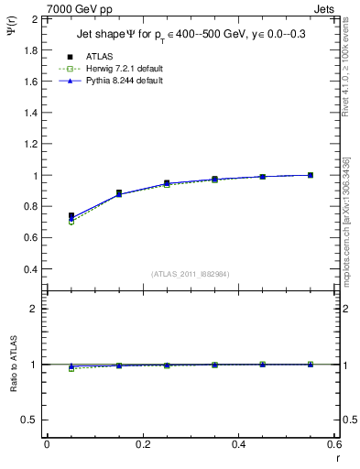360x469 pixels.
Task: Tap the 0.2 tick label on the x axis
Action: [142, 444]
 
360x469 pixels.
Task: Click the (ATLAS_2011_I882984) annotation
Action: [191, 274]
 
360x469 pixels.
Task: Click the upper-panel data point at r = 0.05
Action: [71, 216]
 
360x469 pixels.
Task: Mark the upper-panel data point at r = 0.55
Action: [311, 175]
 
